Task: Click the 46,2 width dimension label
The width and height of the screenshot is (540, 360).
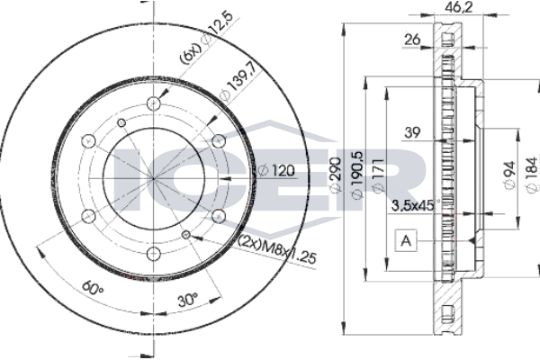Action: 458,7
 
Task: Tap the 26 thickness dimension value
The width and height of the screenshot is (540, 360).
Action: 412,40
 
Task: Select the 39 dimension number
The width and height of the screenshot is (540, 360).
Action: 412,132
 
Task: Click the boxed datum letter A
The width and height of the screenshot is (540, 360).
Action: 407,240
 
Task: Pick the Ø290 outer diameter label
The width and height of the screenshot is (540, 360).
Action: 336,175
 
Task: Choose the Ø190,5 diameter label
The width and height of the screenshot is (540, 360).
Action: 356,175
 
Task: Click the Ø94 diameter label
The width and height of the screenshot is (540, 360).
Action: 509,175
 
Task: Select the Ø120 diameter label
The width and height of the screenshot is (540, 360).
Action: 276,170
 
